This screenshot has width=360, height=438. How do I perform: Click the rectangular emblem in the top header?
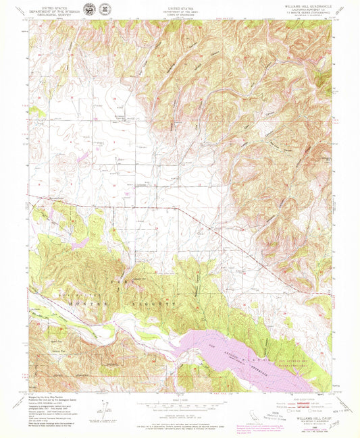[87, 9]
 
